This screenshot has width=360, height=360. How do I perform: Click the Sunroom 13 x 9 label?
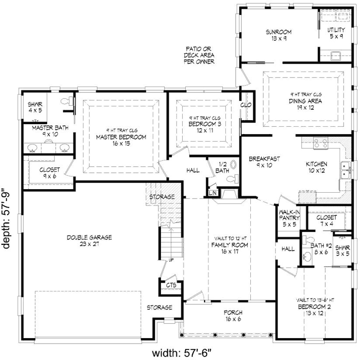[x=278, y=35]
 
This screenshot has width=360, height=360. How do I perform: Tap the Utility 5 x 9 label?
[x=336, y=33]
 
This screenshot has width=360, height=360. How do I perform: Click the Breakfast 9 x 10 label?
[x=265, y=162]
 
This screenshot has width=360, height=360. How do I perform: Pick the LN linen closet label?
[x=213, y=192]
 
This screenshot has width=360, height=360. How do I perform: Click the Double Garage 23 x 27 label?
[x=90, y=241]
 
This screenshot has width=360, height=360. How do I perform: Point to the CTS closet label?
[x=171, y=285]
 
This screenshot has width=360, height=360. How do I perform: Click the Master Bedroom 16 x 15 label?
[x=121, y=140]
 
